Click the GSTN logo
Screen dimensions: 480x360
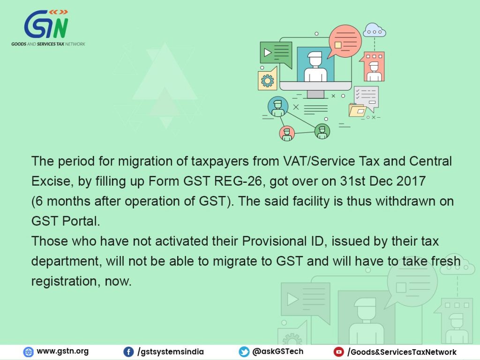[x=48, y=28]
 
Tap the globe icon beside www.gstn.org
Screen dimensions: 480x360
[x=28, y=352]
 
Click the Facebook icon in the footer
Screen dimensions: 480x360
[x=128, y=352]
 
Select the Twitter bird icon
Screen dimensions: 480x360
[x=244, y=352]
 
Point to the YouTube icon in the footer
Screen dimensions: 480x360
[x=338, y=352]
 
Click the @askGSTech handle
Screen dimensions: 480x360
[x=277, y=352]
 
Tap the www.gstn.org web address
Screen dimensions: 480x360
[x=62, y=352]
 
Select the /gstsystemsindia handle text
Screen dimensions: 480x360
[x=171, y=352]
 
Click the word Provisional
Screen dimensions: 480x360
[x=274, y=241]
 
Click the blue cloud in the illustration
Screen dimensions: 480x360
[x=375, y=30]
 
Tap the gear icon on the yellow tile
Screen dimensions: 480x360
[x=267, y=81]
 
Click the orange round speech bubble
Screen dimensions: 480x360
[x=345, y=41]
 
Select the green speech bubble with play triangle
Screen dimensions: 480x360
[x=276, y=54]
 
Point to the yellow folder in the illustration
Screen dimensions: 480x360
[x=357, y=110]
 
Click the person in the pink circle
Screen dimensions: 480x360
[x=287, y=134]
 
